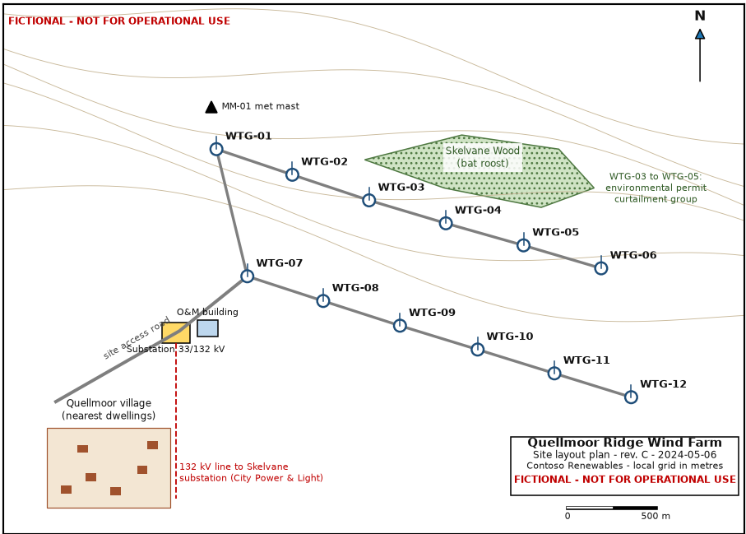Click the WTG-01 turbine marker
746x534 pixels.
pos(216,149)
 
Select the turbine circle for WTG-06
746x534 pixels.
pos(601,268)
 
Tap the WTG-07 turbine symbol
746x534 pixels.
pos(247,276)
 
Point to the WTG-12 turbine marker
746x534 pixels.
pos(631,397)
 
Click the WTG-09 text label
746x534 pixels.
pos(432,312)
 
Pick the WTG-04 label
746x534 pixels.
pos(478,210)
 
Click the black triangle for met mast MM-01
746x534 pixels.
pos(211,107)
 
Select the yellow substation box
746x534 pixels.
pos(176,332)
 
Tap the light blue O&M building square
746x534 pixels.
pos(208,328)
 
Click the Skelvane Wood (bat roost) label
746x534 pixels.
pos(483,156)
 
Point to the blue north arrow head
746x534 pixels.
pos(700,35)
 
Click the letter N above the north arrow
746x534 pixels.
pos(700,16)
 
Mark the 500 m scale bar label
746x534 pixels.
pos(656,516)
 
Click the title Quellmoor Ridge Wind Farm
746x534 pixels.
pos(624,443)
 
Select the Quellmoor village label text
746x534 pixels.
pos(109,409)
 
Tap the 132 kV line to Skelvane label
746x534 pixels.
pos(251,472)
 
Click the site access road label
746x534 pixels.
pos(136,337)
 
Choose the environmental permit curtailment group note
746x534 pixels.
pos(656,188)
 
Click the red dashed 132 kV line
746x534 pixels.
pos(176,420)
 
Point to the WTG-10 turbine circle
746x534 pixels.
pos(478,350)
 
